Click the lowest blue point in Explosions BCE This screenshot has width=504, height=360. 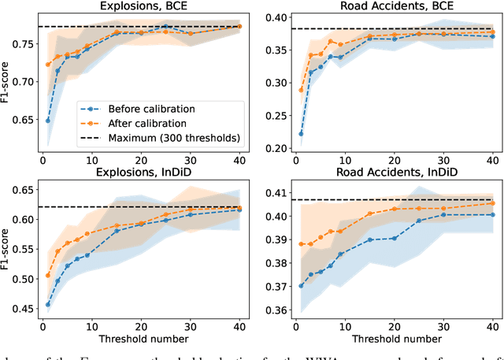pos(49,121)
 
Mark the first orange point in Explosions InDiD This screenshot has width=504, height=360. pos(49,275)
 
